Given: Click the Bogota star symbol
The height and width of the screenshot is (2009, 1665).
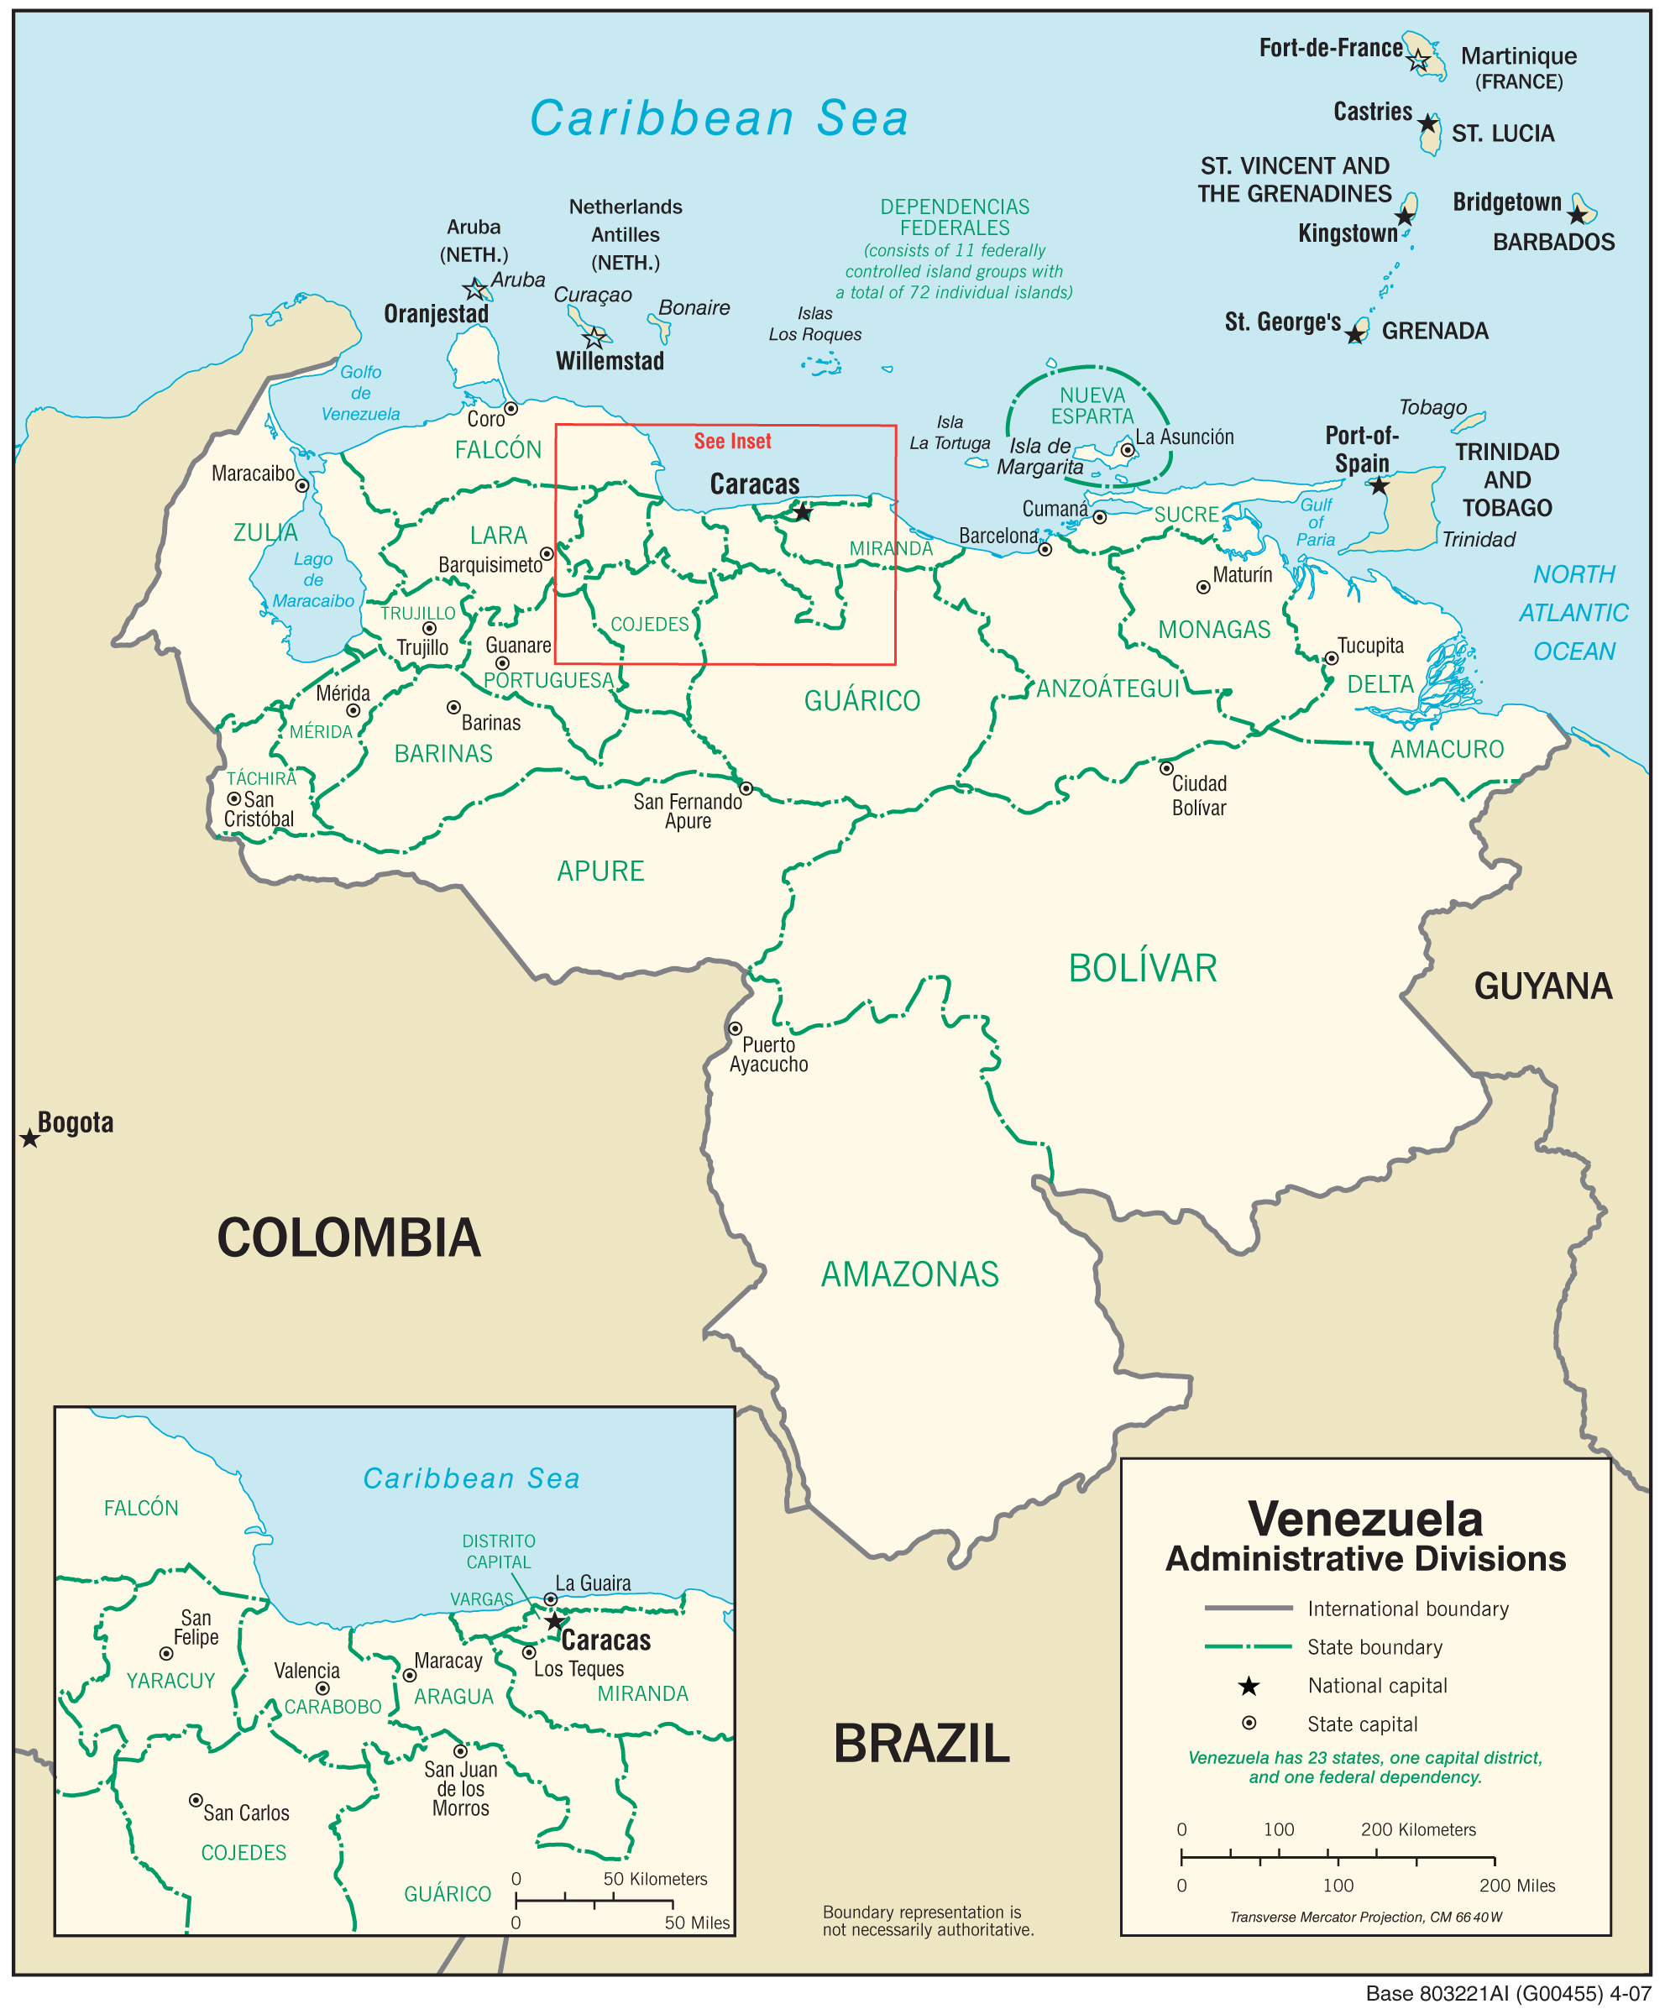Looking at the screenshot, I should (x=29, y=1138).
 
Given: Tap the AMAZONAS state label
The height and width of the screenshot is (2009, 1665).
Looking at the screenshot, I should (x=909, y=1274).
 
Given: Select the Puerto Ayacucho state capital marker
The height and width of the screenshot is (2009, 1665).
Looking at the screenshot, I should (x=735, y=1028).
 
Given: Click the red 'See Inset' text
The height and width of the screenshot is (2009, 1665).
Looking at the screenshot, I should (x=732, y=441).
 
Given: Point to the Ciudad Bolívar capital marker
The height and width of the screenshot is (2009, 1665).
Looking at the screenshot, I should (x=1165, y=768).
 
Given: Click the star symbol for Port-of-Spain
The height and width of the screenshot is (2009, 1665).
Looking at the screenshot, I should (x=1378, y=486).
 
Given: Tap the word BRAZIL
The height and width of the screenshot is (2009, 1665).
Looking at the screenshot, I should (x=920, y=1743).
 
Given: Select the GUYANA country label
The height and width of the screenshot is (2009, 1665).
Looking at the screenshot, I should (x=1542, y=986).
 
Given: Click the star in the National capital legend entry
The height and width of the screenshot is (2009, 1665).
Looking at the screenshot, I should (x=1249, y=1686).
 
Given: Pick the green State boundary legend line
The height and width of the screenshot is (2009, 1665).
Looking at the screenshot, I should (x=1248, y=1646).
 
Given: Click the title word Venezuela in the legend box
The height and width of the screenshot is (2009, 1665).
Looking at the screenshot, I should (x=1364, y=1520).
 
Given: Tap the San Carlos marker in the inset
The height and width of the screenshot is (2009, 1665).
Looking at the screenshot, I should (x=195, y=1799).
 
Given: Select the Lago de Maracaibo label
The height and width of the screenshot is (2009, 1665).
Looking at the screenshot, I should (x=313, y=580).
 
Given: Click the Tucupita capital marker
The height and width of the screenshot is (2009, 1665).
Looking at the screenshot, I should (x=1331, y=658).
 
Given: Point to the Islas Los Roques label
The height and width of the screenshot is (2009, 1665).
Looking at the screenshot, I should (x=814, y=323).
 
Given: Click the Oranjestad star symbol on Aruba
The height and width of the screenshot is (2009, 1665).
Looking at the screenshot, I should (x=474, y=289).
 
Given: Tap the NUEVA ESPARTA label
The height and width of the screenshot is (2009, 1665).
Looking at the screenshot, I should (x=1092, y=405).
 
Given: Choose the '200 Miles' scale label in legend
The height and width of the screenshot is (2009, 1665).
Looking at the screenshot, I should (x=1516, y=1886).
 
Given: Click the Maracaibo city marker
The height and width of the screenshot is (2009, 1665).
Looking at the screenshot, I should (x=301, y=485).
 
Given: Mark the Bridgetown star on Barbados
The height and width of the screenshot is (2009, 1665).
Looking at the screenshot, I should (x=1577, y=215).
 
